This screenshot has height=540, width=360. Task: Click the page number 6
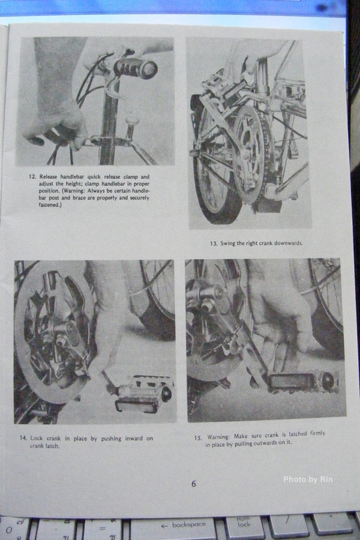194,484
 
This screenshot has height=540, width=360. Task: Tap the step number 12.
32,176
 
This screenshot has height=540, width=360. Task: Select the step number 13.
214,244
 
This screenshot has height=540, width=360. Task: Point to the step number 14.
23,438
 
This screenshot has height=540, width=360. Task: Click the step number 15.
198,438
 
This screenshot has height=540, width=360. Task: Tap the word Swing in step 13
228,243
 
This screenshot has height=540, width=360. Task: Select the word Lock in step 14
37,438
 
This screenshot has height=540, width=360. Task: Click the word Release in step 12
49,176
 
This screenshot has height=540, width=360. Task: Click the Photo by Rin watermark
308,479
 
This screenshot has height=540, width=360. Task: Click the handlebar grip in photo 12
136,68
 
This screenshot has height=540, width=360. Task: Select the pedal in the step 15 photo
302,382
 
